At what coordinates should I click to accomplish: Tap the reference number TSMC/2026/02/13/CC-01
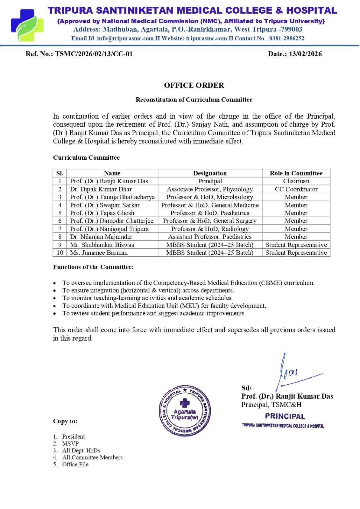(94, 54)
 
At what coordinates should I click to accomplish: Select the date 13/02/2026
(305, 54)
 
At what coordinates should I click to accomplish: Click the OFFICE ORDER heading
(194, 85)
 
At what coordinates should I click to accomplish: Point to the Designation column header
(210, 173)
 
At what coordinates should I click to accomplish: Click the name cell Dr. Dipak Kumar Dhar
(101, 189)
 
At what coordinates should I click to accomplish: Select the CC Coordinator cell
(296, 189)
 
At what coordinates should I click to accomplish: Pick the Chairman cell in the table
(296, 181)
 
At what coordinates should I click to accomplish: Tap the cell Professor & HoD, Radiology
(210, 229)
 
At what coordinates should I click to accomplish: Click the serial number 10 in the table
(60, 253)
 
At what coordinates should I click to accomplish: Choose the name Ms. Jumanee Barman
(99, 253)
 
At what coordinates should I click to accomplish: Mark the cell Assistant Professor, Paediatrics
(210, 237)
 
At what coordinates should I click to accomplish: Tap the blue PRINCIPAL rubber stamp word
(285, 416)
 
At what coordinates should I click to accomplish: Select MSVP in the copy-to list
(70, 443)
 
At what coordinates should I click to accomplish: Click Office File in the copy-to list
(75, 464)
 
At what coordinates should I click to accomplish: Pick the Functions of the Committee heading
(93, 267)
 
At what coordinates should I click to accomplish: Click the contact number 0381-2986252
(286, 38)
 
